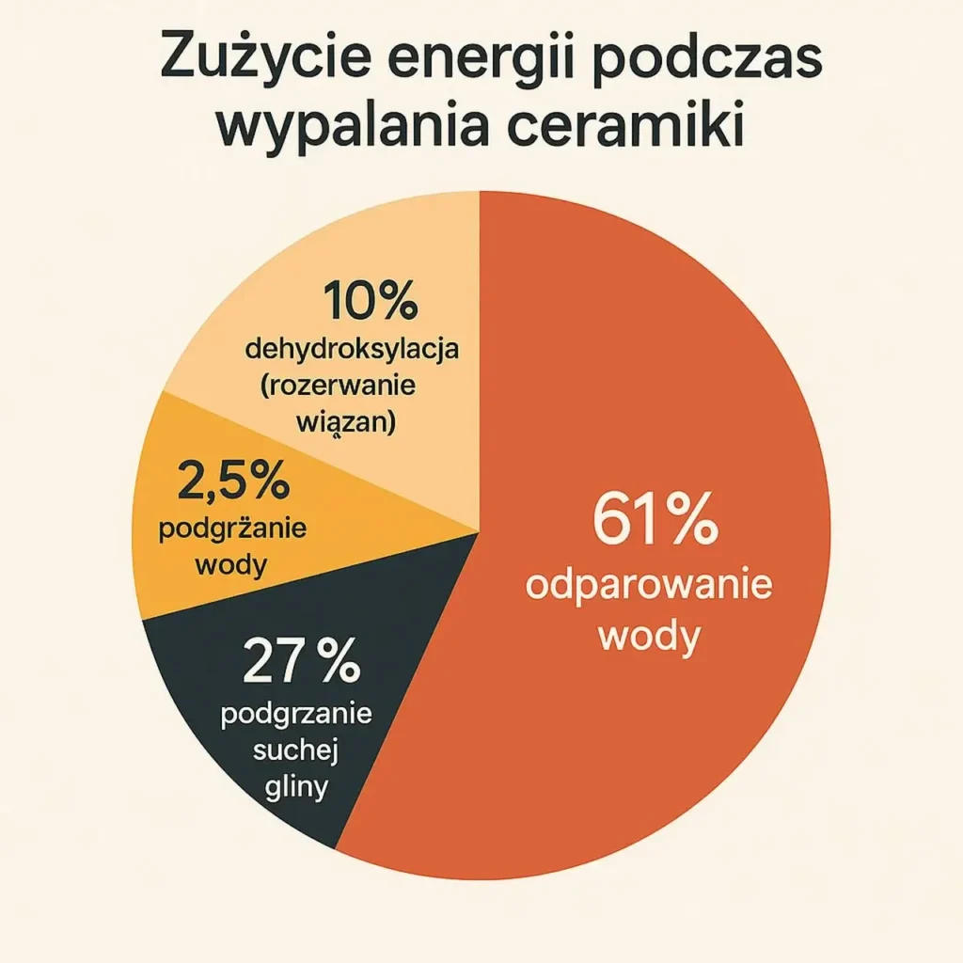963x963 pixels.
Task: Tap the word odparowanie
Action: (649, 586)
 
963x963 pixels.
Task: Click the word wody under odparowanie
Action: (649, 639)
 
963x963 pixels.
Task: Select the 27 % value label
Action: (302, 663)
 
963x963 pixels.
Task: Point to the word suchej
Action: (296, 751)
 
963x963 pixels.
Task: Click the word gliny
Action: (296, 785)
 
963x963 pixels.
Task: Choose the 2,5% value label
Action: (232, 483)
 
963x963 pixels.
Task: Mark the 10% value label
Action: (370, 303)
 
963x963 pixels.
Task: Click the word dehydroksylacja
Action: (352, 351)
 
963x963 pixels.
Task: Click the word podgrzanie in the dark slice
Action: (296, 714)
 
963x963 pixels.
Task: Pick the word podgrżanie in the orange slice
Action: (233, 529)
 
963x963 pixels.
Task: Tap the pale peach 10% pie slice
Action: (414, 254)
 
